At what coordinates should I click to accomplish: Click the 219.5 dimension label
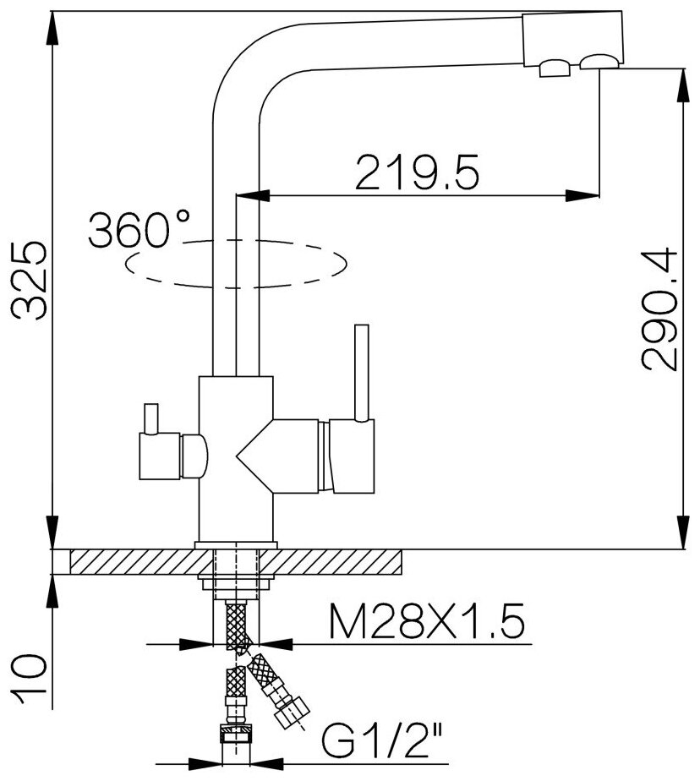(x=418, y=173)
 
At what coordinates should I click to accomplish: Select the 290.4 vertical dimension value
(x=659, y=309)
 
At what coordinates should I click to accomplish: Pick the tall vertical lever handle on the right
(x=363, y=372)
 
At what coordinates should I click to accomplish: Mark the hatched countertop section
(x=237, y=559)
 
